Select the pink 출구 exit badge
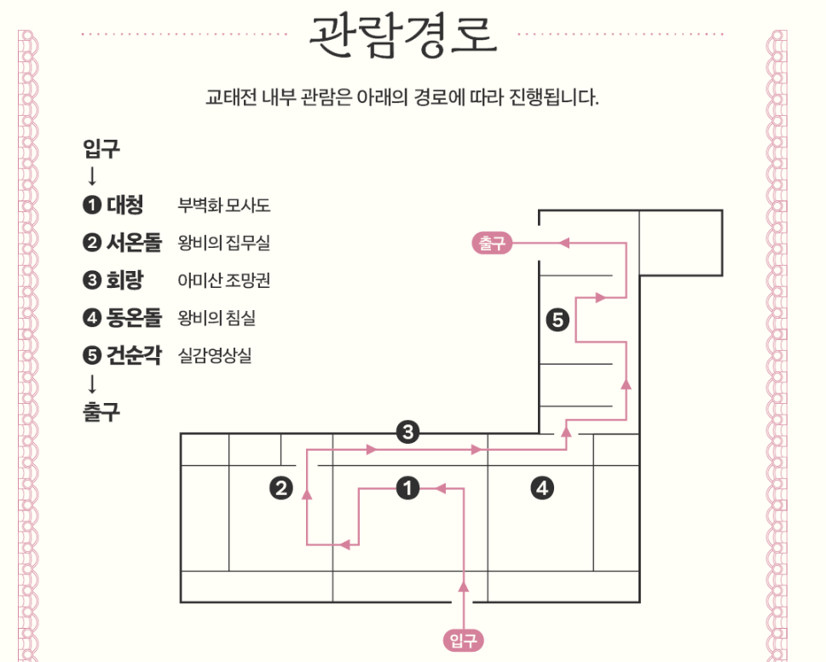click(x=490, y=244)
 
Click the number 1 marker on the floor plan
click(x=408, y=488)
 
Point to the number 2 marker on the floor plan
click(x=281, y=488)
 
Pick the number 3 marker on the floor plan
click(x=408, y=433)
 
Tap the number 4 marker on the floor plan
click(x=542, y=488)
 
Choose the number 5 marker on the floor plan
click(x=557, y=320)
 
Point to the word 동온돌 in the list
click(x=134, y=319)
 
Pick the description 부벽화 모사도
click(x=224, y=206)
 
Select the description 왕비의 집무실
click(x=224, y=244)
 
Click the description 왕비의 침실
click(x=217, y=319)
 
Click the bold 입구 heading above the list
click(x=101, y=150)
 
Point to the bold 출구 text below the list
click(x=101, y=412)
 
